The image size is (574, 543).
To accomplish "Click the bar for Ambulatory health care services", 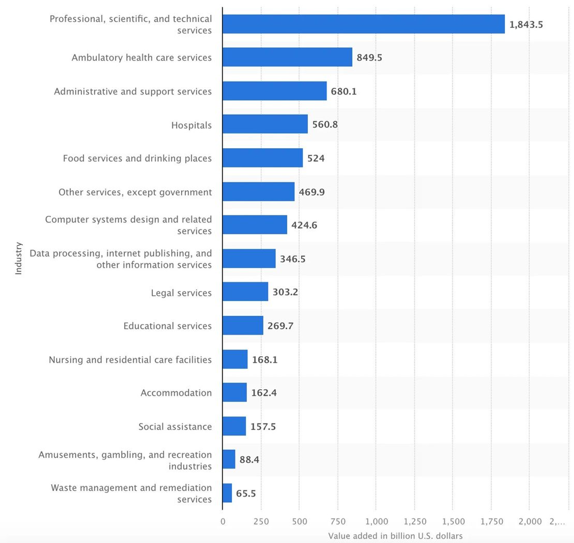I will tap(287, 57).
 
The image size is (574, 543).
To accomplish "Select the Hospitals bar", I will tap(265, 124).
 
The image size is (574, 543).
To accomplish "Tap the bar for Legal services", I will tap(245, 291).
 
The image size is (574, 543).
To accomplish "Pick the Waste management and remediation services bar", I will tap(227, 493).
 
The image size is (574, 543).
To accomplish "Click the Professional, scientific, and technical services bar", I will tap(364, 24).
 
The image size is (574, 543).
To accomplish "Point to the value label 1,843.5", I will tap(526, 25).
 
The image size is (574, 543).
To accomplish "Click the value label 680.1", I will tap(343, 92).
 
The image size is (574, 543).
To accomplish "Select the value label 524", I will tap(316, 158).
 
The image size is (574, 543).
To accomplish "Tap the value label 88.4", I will tap(249, 460).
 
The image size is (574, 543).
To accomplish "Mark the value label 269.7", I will tap(280, 326).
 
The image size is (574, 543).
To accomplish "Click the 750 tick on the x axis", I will tap(338, 522).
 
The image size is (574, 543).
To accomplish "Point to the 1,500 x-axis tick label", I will tap(453, 522).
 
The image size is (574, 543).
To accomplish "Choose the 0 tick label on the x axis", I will tap(223, 522).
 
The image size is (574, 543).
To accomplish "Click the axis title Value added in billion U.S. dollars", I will tap(395, 536).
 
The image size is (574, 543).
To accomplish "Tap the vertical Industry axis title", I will tap(19, 258).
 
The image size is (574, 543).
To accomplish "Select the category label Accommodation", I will tap(176, 393).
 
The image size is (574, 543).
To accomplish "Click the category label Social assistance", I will tap(175, 427).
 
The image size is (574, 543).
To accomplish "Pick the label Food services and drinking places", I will tap(137, 158).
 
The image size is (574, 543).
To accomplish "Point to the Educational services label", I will tap(167, 326).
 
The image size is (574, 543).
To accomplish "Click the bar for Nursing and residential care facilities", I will tap(235, 359).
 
